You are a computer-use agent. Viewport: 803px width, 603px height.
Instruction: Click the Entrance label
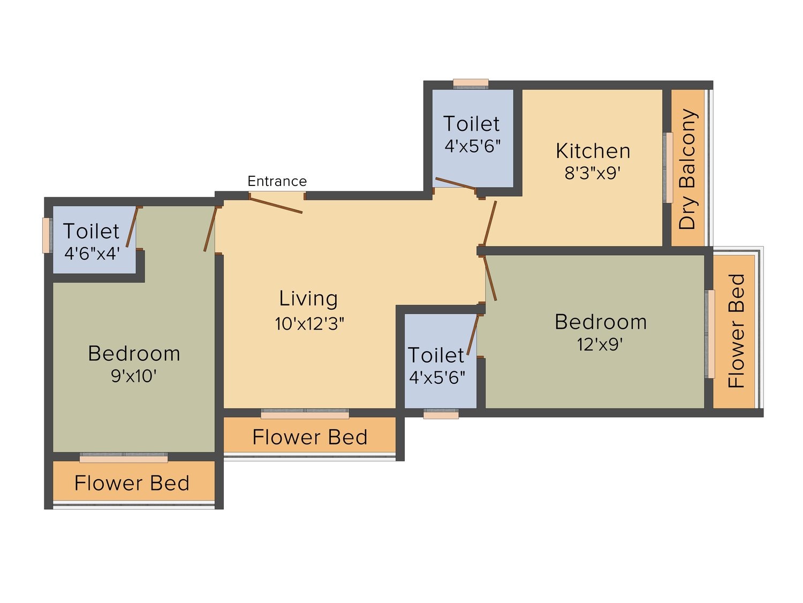coord(277,181)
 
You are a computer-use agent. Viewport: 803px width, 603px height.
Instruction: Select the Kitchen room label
coord(593,151)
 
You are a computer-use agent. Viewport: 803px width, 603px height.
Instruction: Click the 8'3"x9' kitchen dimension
coord(592,173)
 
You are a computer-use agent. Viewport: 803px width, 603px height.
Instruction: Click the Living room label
coord(308,299)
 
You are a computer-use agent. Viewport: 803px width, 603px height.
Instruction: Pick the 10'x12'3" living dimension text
coord(309,324)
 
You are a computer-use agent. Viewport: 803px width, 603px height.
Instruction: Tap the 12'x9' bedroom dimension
coord(600,344)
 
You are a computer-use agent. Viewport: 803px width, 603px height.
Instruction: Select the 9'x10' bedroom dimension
coord(134,376)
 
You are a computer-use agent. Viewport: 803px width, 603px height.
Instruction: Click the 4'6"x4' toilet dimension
coord(92,253)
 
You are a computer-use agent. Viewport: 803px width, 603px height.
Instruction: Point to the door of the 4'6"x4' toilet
coord(132,227)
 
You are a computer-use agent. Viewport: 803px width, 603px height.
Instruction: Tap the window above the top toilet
coord(471,84)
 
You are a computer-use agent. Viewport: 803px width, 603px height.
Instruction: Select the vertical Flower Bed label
coord(736,331)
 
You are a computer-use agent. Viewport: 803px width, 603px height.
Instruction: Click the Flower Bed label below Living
coord(309,437)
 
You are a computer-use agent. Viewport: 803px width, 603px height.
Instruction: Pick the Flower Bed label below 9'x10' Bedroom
coord(132,483)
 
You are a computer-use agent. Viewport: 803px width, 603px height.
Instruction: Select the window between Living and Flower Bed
coord(305,414)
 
